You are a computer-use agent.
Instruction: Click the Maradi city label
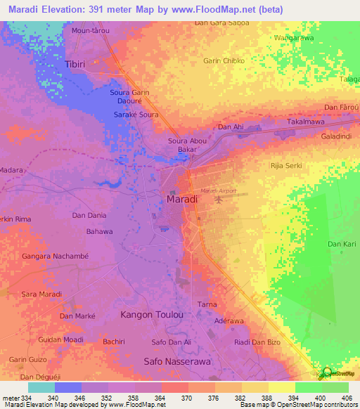coord(181,200)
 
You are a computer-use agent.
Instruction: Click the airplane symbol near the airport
coord(217,199)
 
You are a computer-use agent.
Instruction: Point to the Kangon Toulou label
coord(152,314)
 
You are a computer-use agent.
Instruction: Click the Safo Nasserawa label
coord(177,361)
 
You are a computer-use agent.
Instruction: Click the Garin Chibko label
coord(224,60)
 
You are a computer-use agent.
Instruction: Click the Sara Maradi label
coord(41,293)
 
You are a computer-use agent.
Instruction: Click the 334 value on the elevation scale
coord(20,398)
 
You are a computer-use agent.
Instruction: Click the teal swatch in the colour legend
coord(41,387)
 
